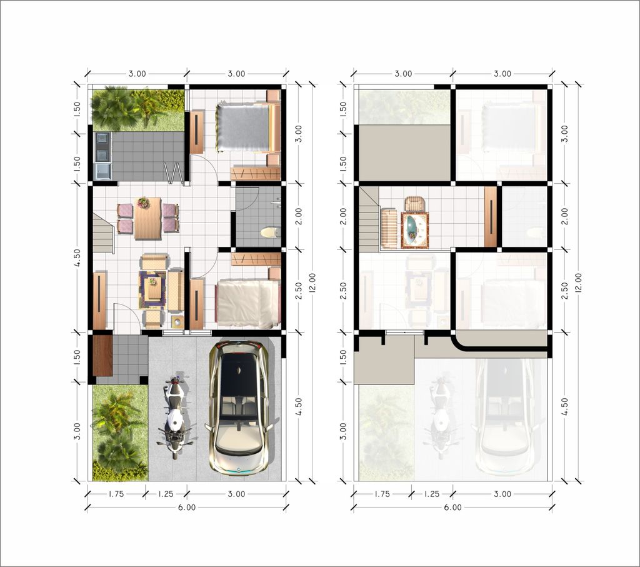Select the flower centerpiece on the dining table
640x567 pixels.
tap(143, 203)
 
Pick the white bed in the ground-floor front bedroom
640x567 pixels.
tap(247, 304)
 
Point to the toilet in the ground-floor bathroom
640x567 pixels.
tap(271, 233)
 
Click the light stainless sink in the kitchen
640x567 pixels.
tap(102, 171)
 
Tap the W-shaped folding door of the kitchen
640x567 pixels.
tap(172, 172)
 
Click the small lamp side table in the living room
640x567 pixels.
tap(177, 322)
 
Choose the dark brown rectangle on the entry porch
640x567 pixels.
tap(102, 355)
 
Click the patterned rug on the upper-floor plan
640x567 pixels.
tap(415, 230)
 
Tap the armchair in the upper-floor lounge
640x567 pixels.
tap(415, 204)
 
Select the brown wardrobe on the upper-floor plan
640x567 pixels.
tap(490, 217)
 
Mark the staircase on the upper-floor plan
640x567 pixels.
tap(369, 219)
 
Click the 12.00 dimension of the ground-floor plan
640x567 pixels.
tap(312, 283)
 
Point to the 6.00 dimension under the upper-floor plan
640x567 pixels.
tap(452, 508)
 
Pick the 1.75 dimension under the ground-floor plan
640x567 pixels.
tap(116, 494)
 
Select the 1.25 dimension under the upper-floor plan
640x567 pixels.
tap(432, 494)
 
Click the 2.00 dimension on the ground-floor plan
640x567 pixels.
tap(299, 216)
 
